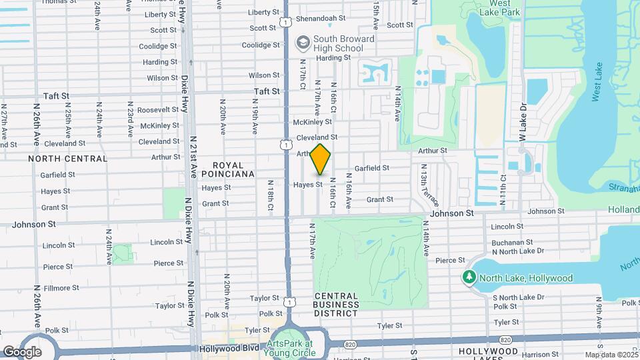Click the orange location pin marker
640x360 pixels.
coord(321,159)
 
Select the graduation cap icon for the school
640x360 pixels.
coord(303,43)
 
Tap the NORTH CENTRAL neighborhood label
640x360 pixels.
coord(68,159)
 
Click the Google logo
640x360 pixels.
coord(21,351)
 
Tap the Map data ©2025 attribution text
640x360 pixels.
coord(611,355)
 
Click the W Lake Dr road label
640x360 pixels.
coord(523,122)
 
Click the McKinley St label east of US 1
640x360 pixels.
coord(313,123)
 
